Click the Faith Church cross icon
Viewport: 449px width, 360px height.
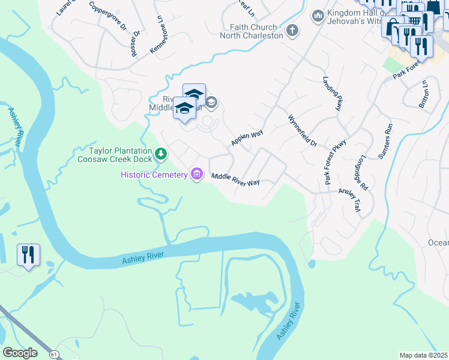pos(292,31)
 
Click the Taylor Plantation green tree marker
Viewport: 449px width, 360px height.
pos(161,155)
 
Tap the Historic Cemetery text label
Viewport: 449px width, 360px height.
pos(154,175)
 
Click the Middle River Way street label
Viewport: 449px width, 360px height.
pos(235,179)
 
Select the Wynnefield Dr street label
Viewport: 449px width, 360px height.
pos(303,131)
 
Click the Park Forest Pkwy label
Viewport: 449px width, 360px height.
pos(335,162)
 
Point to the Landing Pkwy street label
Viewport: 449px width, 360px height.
pos(334,94)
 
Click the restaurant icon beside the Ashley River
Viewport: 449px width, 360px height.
pos(28,256)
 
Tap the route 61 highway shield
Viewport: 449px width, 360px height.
pos(55,355)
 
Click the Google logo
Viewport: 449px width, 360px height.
pos(20,353)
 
